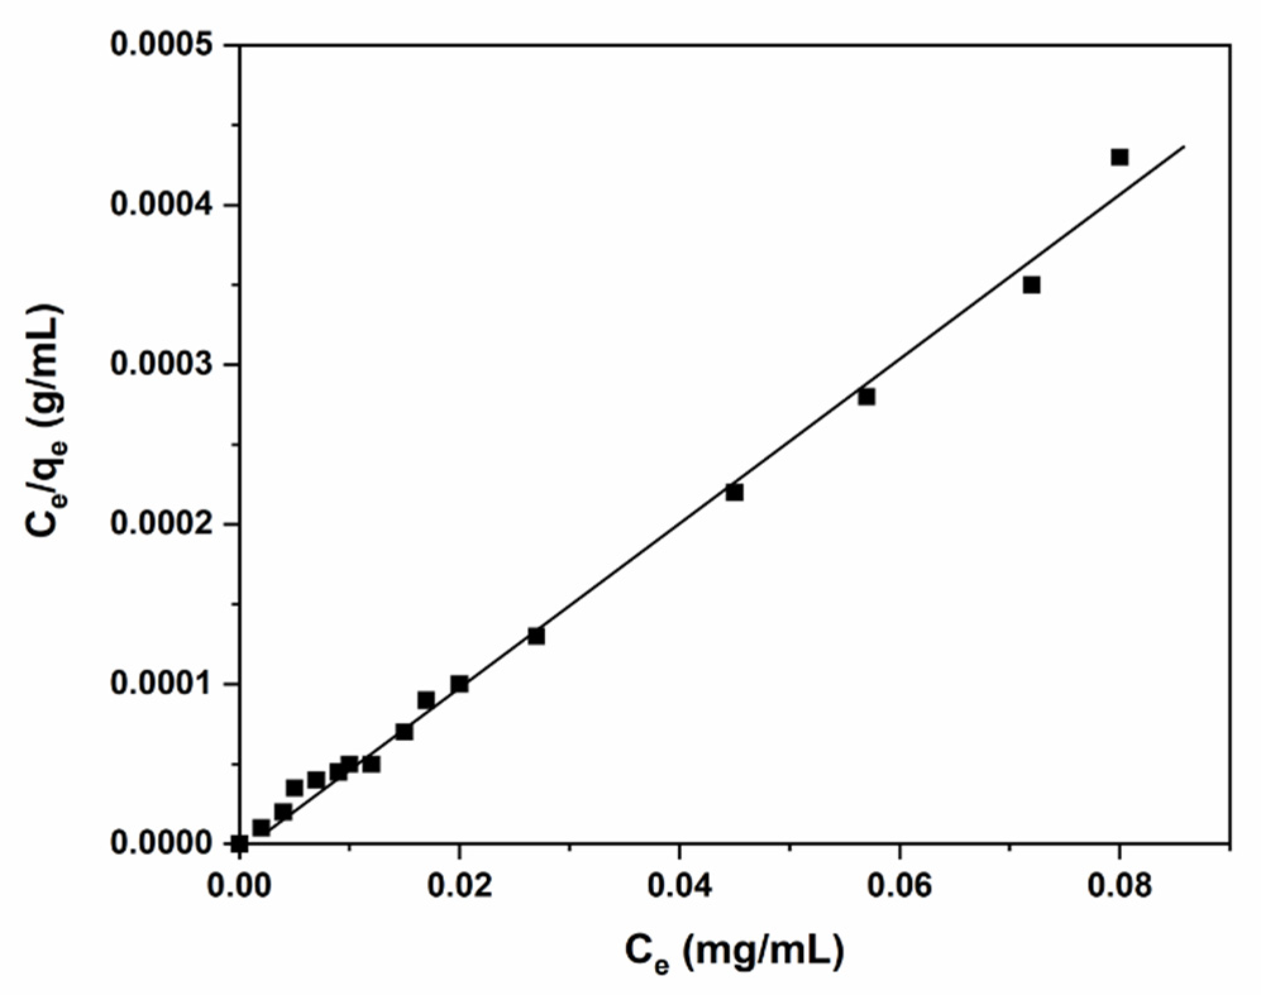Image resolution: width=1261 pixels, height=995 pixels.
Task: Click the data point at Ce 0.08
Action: [1119, 157]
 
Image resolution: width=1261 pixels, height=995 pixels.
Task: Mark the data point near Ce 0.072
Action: [1031, 285]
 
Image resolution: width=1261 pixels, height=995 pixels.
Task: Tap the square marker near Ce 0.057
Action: [866, 396]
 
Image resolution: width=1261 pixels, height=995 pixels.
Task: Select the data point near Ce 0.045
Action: [734, 492]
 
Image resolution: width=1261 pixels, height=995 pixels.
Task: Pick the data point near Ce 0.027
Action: [536, 636]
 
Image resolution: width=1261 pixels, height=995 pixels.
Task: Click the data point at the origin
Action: [239, 843]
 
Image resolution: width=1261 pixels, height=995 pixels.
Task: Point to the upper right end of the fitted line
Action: [1183, 147]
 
